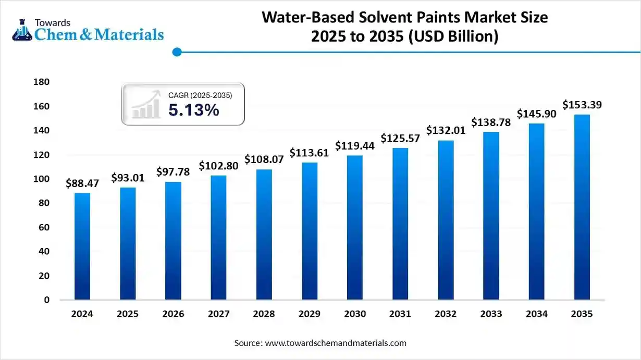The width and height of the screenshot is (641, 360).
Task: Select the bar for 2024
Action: (x=82, y=246)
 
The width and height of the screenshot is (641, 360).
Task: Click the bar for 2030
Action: (x=355, y=227)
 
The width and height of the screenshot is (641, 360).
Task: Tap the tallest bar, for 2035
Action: (x=582, y=207)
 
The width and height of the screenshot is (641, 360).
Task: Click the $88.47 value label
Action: (x=82, y=183)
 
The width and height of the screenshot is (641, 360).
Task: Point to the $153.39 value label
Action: (x=582, y=105)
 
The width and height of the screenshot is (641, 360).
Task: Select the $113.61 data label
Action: (x=310, y=153)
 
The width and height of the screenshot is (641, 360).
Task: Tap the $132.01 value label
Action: (x=446, y=130)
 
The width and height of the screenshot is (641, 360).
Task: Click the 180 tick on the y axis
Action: (x=41, y=82)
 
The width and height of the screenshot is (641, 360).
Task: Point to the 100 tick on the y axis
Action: (x=41, y=179)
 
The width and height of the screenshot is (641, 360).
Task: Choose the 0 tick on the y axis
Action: (x=46, y=300)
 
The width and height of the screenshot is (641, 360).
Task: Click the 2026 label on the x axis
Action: (x=173, y=314)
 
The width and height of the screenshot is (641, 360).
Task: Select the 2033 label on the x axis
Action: (x=491, y=314)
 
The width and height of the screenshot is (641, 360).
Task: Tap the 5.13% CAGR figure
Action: (x=193, y=110)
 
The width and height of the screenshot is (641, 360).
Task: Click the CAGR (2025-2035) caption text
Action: (x=200, y=95)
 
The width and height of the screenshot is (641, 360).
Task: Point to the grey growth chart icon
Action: (x=146, y=105)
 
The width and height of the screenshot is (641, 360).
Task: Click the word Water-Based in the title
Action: (x=303, y=18)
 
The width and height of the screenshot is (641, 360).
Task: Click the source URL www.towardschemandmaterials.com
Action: (x=336, y=343)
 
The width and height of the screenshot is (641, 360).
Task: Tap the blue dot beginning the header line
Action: (x=177, y=52)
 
